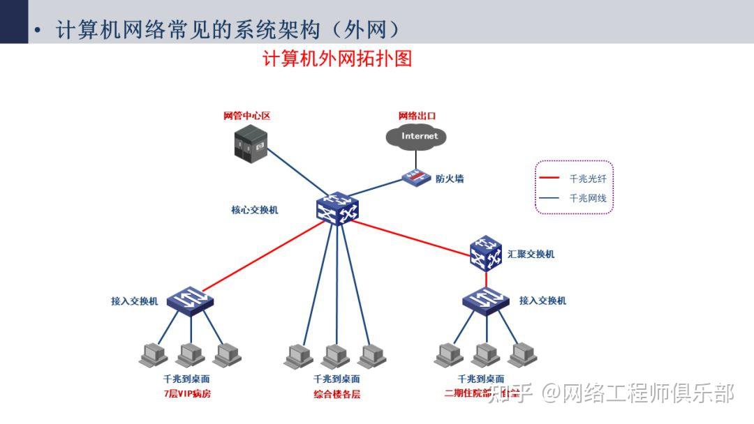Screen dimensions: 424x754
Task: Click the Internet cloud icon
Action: click(x=420, y=136)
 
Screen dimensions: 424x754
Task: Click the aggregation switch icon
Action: click(x=486, y=254)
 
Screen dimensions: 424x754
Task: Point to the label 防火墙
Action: click(x=450, y=179)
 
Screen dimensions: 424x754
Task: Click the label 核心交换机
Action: click(x=255, y=210)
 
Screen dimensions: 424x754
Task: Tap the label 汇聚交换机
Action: click(x=531, y=255)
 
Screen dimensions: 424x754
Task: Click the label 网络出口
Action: click(x=417, y=116)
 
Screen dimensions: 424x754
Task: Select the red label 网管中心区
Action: click(x=246, y=116)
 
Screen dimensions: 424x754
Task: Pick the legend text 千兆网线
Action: click(x=588, y=198)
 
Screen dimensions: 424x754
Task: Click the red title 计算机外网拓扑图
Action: click(x=337, y=59)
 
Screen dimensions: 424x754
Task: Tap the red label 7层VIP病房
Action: click(x=186, y=394)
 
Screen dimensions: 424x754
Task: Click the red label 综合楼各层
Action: click(x=337, y=394)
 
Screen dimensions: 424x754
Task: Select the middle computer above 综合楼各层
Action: click(x=336, y=356)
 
